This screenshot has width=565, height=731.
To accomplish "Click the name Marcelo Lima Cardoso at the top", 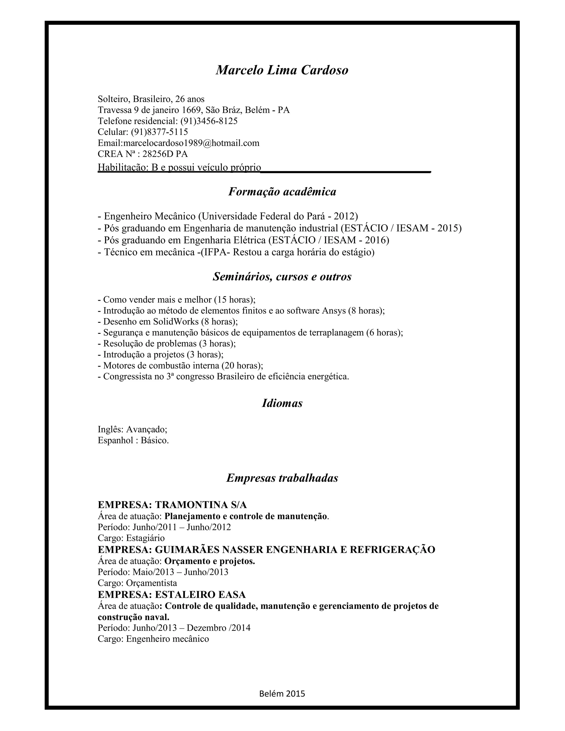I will (282, 70).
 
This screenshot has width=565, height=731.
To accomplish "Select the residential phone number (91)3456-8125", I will (209, 121).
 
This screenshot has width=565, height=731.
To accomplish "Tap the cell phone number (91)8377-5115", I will (159, 132).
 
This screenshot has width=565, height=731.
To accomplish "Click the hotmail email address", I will (191, 143).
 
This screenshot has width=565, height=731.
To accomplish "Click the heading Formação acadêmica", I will (282, 192).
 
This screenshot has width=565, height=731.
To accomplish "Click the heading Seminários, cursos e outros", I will (282, 277).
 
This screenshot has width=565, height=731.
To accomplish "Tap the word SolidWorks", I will (176, 321).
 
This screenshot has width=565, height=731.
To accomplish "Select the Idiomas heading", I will (282, 403).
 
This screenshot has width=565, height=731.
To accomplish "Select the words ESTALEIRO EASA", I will (200, 594).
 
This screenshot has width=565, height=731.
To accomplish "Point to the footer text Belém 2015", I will (282, 693).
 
